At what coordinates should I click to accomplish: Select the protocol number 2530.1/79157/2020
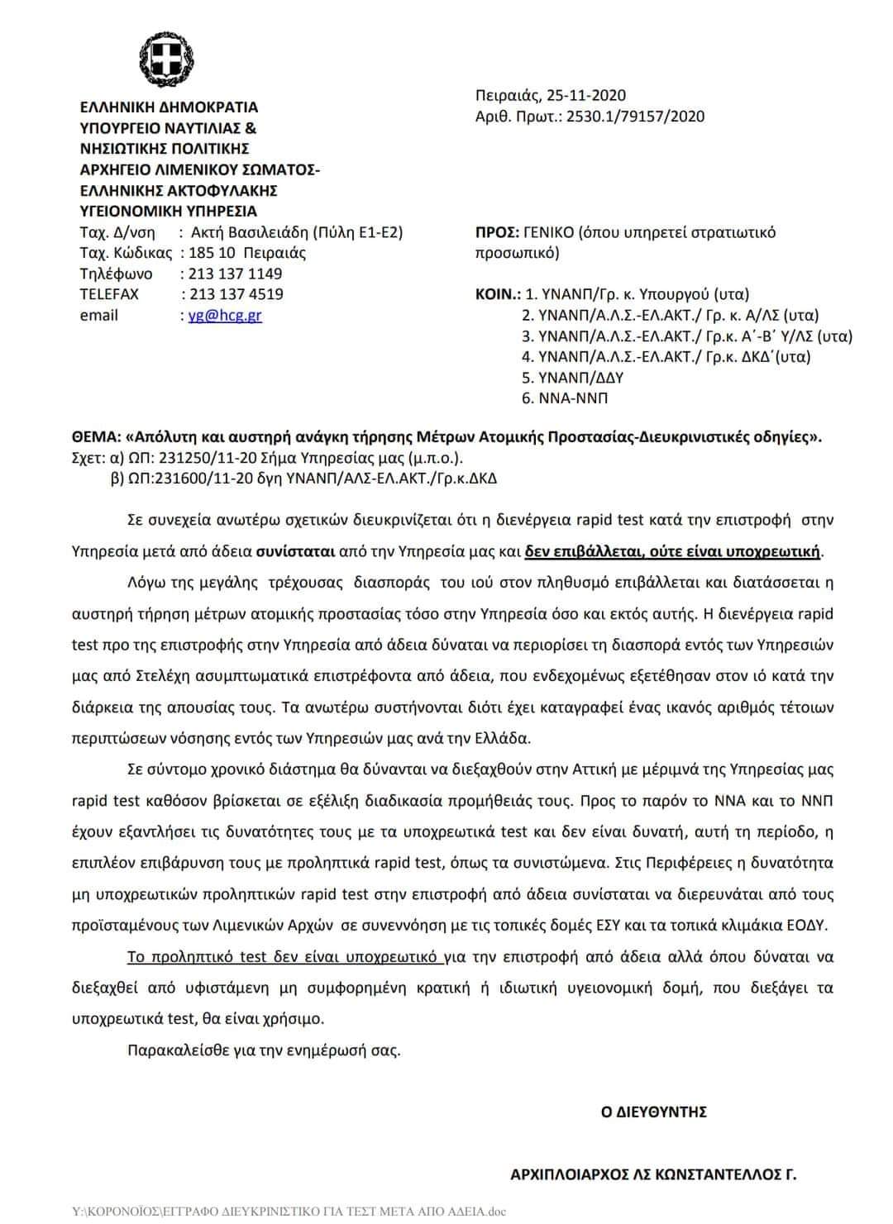635,117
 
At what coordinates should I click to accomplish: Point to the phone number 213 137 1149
236,274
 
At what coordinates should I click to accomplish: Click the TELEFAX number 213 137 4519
236,294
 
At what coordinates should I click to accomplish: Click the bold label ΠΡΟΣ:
498,232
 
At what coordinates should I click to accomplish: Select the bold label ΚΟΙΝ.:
498,294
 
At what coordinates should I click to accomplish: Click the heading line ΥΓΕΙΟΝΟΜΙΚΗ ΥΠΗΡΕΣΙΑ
168,211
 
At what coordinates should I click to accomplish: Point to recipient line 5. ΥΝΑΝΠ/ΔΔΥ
572,378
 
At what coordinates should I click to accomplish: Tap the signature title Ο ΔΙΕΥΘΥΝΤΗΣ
653,1112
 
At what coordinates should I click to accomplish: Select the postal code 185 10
213,253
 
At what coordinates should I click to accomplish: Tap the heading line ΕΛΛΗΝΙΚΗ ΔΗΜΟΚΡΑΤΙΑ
169,107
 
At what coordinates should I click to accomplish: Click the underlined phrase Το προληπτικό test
196,957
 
